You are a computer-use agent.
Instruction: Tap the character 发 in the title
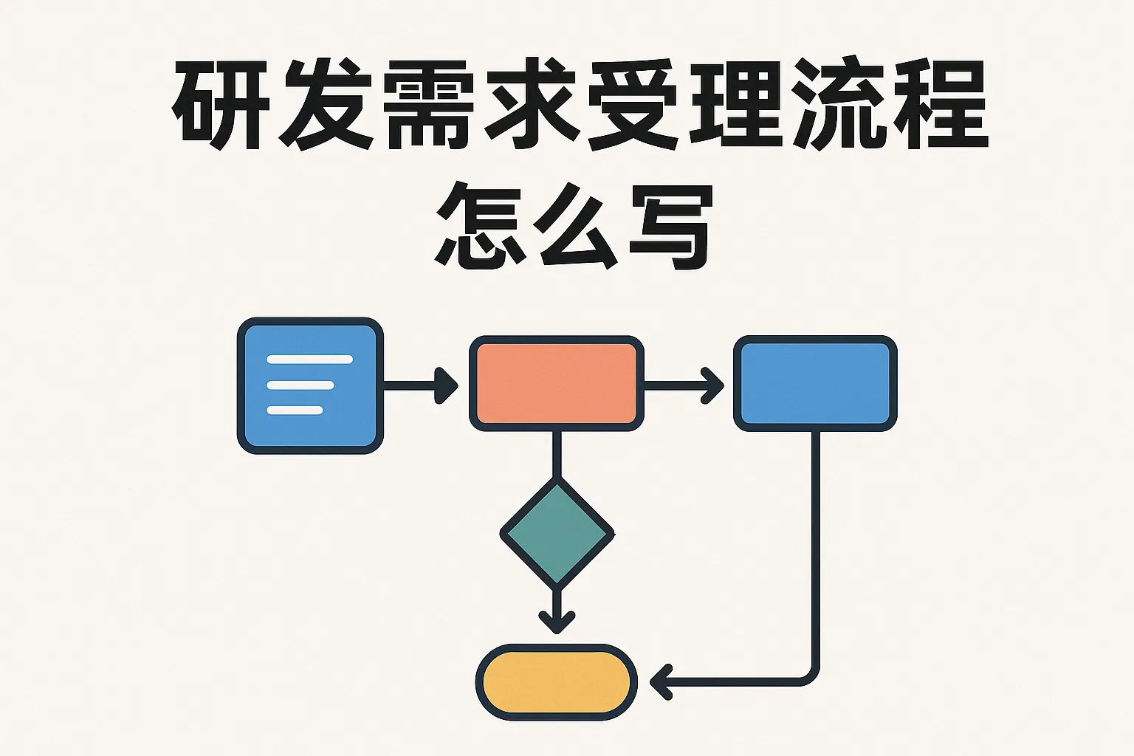click(x=323, y=106)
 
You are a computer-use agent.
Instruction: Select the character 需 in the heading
click(x=426, y=106)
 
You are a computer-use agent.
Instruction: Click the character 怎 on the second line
click(x=481, y=225)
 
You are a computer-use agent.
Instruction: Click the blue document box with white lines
click(x=310, y=385)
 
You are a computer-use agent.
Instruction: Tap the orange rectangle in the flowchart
click(x=557, y=384)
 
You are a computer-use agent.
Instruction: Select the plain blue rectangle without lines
click(x=815, y=384)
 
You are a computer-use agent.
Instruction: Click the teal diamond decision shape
click(x=557, y=532)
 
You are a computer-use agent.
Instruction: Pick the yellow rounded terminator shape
click(x=557, y=682)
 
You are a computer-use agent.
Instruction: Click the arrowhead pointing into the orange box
click(x=446, y=385)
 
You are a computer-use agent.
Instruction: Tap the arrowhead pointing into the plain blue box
click(x=713, y=385)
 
